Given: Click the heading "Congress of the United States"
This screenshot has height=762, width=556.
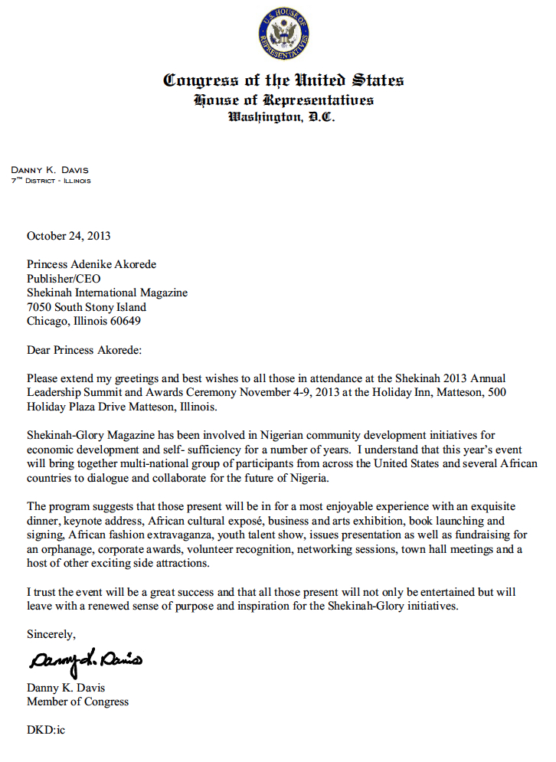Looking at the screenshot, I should coord(283,80).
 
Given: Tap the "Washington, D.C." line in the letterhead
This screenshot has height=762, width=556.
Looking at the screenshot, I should coord(283,117).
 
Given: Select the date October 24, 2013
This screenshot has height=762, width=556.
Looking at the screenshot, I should coord(68,236).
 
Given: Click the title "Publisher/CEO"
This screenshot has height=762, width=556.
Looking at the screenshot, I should coord(64,279).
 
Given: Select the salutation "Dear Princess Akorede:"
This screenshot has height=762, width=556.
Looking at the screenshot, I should coord(84,350).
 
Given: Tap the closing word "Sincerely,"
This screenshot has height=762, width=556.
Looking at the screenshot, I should coord(51,634).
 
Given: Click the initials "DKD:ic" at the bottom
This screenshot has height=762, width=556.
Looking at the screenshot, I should coord(46,730).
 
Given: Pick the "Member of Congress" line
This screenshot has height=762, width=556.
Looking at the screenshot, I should coord(77,701).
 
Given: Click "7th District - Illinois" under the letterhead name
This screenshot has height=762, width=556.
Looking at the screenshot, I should coord(51,181).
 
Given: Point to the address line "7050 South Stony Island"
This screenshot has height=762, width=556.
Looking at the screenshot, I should coord(87,307).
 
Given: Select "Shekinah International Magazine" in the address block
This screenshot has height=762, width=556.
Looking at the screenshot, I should coord(107,293).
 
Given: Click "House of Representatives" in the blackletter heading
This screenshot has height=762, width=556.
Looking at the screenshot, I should coord(283,100).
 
